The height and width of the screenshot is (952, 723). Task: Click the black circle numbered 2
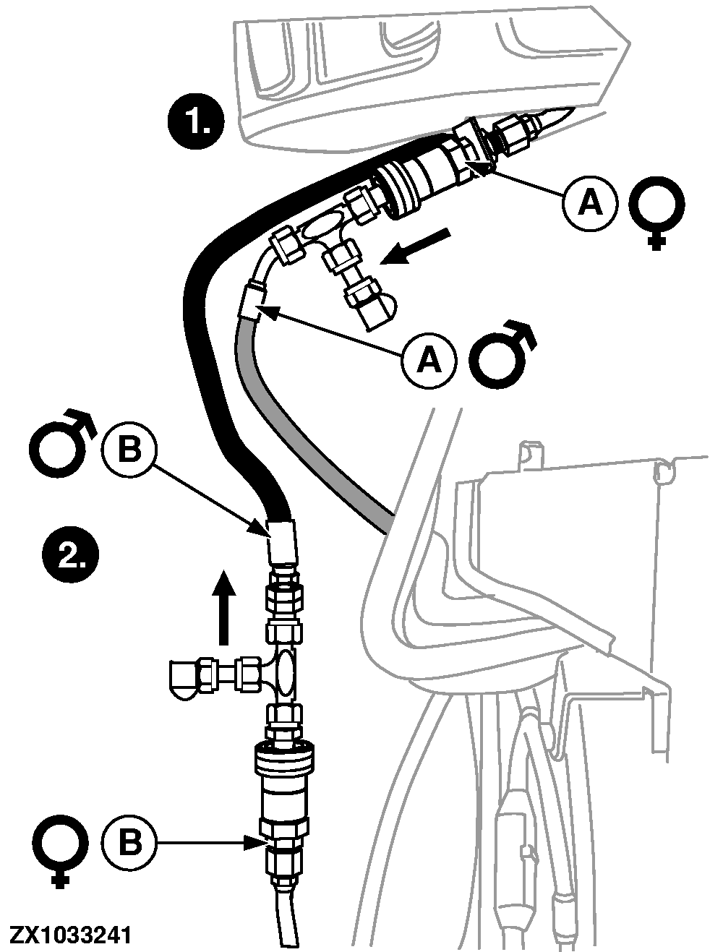[x=69, y=554]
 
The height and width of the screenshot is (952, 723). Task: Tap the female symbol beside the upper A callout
[x=656, y=210]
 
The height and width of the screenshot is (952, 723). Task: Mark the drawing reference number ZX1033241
[x=71, y=936]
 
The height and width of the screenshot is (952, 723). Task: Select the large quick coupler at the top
[x=416, y=178]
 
